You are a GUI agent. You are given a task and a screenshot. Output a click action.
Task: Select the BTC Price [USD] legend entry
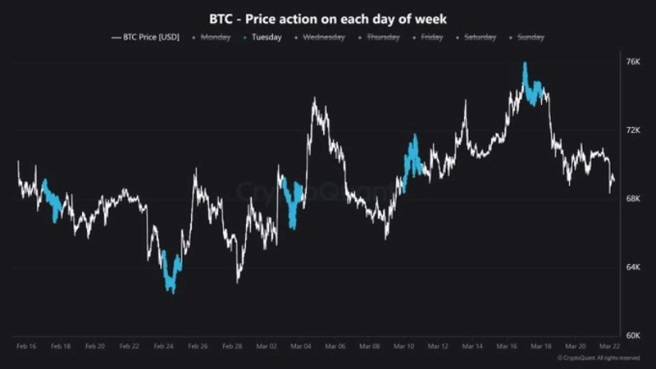coord(146,37)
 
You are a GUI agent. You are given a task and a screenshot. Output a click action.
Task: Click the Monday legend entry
coord(212,37)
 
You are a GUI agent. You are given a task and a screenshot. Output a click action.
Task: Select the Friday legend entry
coord(430,37)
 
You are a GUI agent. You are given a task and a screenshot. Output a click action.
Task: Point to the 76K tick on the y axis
coord(632,62)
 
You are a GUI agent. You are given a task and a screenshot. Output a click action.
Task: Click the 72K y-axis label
coord(632,130)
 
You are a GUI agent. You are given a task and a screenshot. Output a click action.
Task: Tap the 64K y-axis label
coord(632,267)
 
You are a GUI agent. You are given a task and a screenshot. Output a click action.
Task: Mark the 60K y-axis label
coord(632,335)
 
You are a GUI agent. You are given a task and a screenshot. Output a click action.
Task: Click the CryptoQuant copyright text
coord(599,358)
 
